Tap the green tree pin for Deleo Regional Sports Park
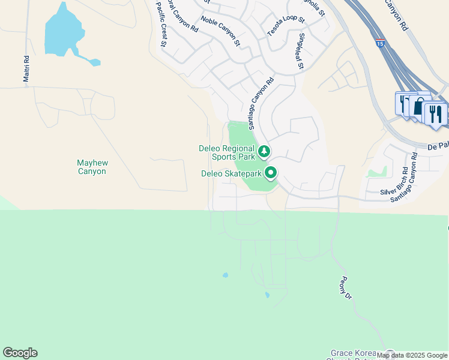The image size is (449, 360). point(263,151)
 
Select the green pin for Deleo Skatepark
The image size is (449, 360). point(271,173)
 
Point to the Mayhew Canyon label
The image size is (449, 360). point(91,167)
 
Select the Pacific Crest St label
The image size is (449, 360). point(160,23)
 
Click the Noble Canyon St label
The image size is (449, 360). point(220,31)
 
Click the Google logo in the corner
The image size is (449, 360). point(20,353)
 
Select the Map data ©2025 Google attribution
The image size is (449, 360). point(412,356)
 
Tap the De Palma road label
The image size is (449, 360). point(438,146)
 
